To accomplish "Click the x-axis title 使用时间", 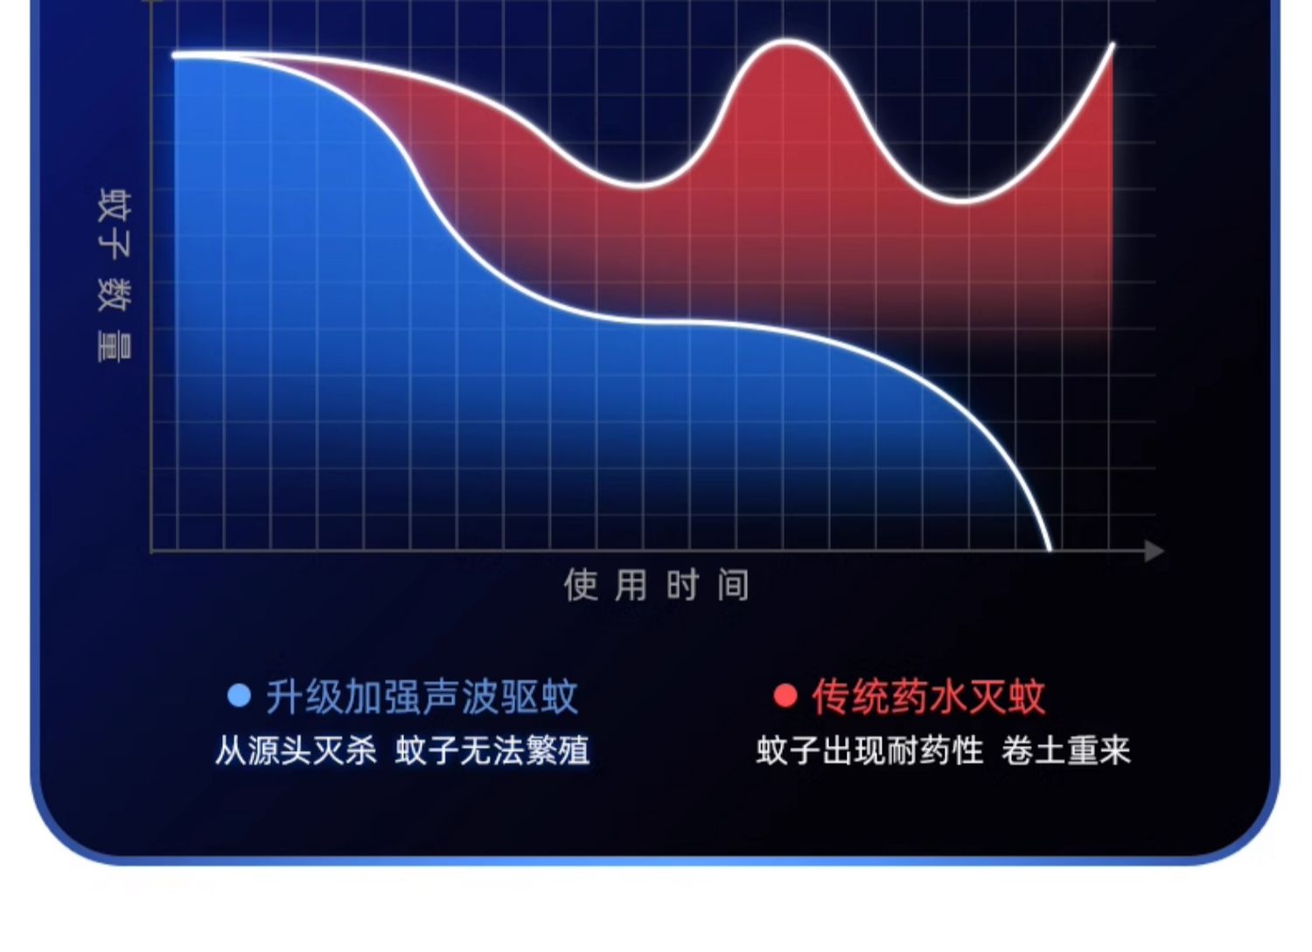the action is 657,585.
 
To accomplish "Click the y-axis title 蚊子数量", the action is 115,275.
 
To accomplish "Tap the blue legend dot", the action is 239,696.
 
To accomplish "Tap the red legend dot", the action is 785,696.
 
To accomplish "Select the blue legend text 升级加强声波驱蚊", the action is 422,697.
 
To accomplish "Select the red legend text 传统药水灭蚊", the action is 928,696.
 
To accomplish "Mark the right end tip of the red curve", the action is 1113,45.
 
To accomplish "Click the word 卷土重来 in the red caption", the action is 1065,751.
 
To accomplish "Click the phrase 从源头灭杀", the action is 296,751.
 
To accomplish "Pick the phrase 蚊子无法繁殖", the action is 492,751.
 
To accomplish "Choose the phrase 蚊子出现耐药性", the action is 869,751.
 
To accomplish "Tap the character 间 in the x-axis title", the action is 734,585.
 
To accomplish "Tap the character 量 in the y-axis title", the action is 115,346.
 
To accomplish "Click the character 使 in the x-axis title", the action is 581,585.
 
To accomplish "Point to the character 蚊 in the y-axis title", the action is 115,205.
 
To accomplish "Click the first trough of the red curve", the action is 639,186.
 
